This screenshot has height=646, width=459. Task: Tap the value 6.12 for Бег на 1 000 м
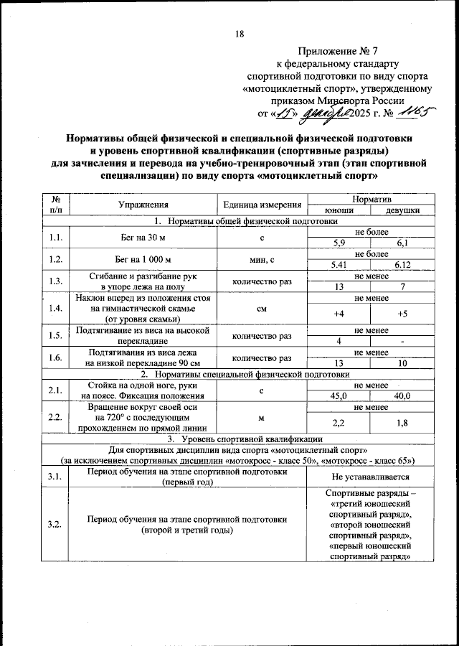402,265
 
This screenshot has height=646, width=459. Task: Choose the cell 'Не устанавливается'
371,477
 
